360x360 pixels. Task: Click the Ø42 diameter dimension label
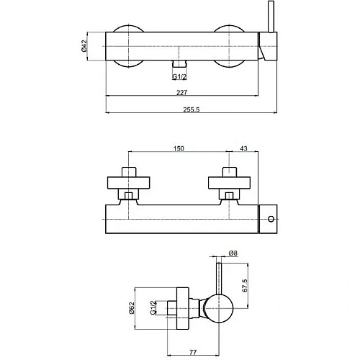click(84, 46)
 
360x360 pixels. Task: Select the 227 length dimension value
click(182, 92)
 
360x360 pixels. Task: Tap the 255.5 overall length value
click(192, 109)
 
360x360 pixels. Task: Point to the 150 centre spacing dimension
click(179, 148)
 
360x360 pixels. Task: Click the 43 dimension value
click(243, 148)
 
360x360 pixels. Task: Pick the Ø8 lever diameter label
click(233, 253)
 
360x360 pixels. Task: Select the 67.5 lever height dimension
click(245, 285)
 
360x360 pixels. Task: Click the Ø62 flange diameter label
click(132, 308)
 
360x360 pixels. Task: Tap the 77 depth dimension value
click(193, 352)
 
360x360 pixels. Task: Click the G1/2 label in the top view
click(179, 76)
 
